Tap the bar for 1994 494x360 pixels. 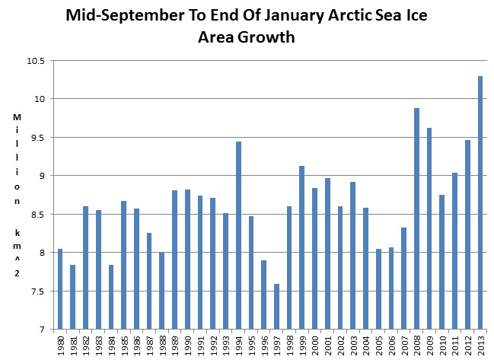[239, 235]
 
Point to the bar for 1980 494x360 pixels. [61, 289]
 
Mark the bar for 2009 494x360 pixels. [429, 228]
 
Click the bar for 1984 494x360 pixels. [112, 297]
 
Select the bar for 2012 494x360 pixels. [467, 235]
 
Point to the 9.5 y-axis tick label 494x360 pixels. [38, 138]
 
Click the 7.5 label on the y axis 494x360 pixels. [38, 292]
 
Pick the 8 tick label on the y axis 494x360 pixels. [43, 253]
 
